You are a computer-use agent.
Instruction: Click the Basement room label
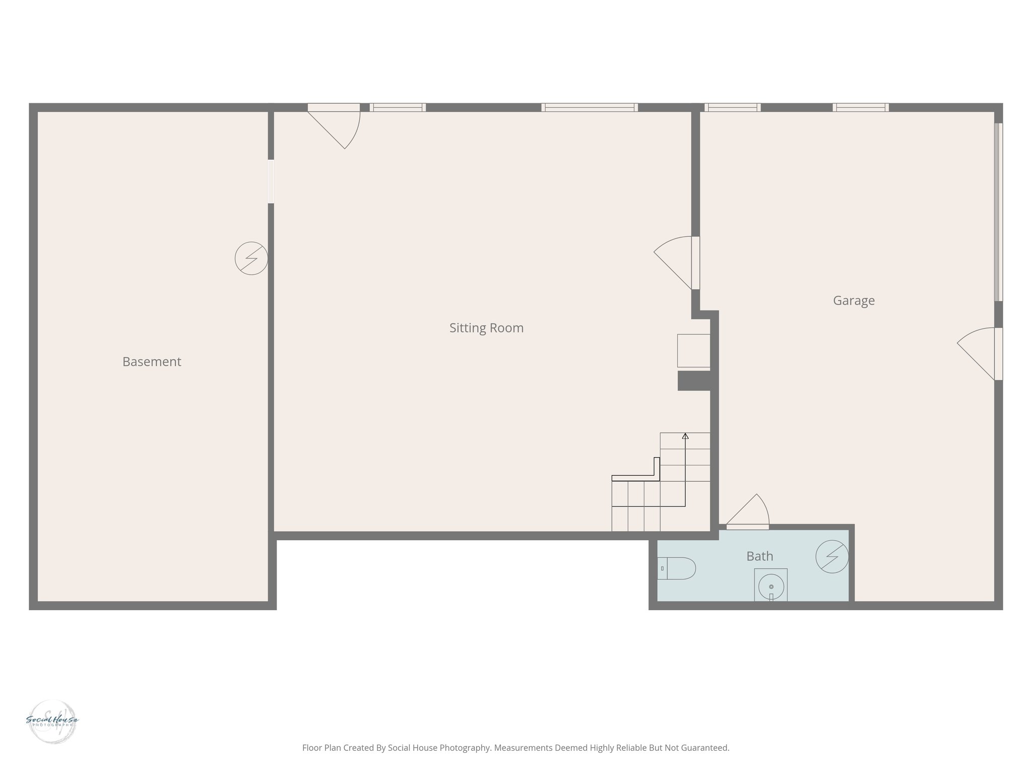(x=152, y=362)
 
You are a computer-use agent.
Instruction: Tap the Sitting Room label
(x=486, y=328)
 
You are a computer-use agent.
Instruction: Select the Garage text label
(x=854, y=301)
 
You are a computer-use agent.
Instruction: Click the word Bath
(x=759, y=556)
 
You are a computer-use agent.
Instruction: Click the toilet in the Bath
(x=678, y=568)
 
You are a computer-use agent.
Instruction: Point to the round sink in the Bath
(x=771, y=587)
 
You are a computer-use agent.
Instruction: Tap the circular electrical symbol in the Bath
(x=832, y=556)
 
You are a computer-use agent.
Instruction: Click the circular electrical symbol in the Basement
(x=251, y=259)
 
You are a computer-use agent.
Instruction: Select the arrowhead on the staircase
(x=685, y=436)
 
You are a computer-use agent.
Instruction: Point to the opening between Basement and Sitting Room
(x=271, y=181)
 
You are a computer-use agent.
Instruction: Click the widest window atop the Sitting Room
(x=590, y=107)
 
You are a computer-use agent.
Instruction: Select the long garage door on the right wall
(x=998, y=212)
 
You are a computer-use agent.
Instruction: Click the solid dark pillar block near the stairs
(x=694, y=380)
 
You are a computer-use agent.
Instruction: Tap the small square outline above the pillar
(x=693, y=350)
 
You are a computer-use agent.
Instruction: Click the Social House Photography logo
(x=52, y=721)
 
